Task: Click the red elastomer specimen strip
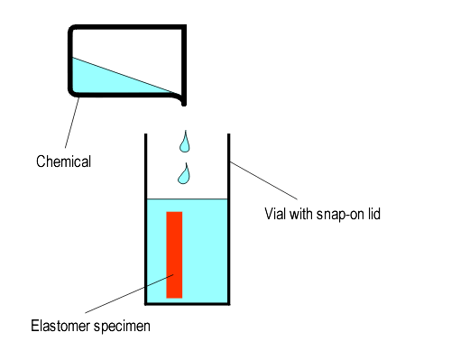[174, 254]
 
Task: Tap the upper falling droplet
[185, 142]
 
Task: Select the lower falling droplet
[184, 174]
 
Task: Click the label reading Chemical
[64, 163]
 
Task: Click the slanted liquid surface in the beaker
[122, 75]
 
